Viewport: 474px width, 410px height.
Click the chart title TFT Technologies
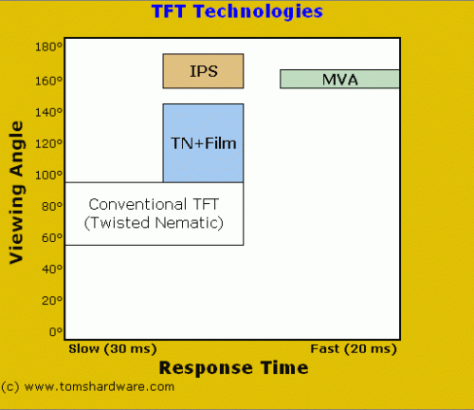(237, 11)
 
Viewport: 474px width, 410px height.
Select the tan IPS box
(203, 71)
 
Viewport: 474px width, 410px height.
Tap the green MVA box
(339, 79)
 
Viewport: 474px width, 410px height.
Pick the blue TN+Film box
(203, 143)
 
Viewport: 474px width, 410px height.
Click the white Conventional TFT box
(155, 214)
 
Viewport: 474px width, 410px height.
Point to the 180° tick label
(48, 47)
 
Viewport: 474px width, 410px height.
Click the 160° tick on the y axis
(48, 81)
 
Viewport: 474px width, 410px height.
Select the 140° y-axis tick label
(48, 112)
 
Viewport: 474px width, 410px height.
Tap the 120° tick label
(48, 143)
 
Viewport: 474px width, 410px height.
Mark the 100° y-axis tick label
(48, 175)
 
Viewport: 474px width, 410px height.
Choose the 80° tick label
(52, 206)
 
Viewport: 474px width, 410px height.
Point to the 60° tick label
(52, 237)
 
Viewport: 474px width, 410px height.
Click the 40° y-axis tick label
(52, 269)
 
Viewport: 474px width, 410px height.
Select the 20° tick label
(52, 300)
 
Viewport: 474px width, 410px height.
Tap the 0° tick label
(56, 331)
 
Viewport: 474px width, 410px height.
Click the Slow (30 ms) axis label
(113, 349)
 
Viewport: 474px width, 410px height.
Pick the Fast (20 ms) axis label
(354, 349)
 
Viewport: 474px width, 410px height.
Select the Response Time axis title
(233, 368)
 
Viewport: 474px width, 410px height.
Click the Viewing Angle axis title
(17, 193)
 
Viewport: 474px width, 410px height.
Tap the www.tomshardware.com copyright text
(88, 387)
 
